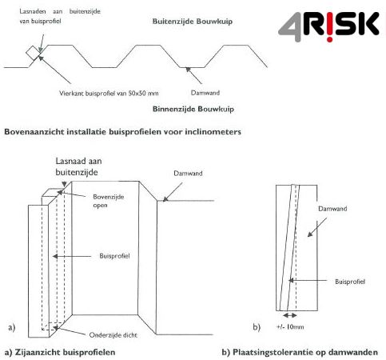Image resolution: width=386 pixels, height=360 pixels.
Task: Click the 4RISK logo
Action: (x=328, y=26)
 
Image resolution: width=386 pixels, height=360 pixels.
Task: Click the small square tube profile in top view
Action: (x=34, y=53)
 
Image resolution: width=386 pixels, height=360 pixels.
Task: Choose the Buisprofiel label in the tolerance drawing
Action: (x=352, y=282)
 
